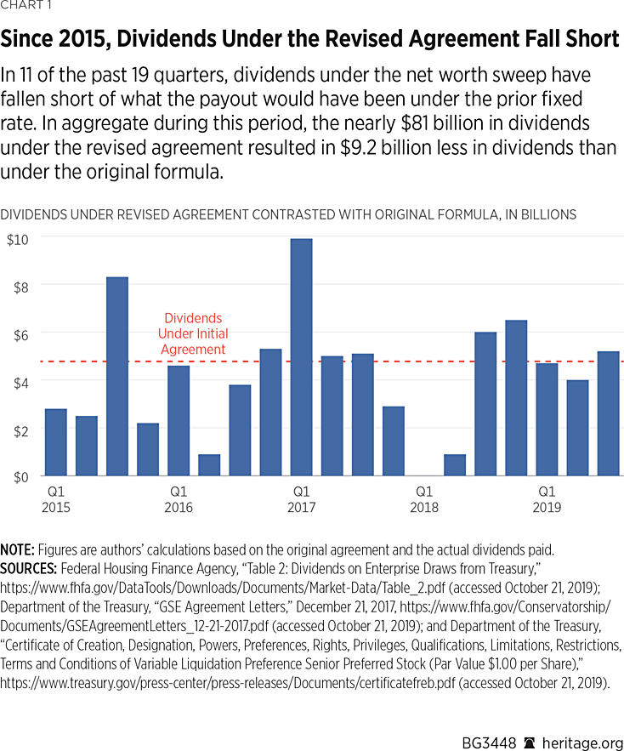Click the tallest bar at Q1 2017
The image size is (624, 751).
[301, 357]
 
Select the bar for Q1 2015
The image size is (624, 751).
[56, 442]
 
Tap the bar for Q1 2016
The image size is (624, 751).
[179, 420]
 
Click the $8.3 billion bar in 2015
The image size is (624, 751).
[117, 376]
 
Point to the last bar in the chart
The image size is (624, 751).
[608, 413]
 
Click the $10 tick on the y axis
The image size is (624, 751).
[18, 238]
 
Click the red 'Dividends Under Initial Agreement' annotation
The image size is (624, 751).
[196, 334]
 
